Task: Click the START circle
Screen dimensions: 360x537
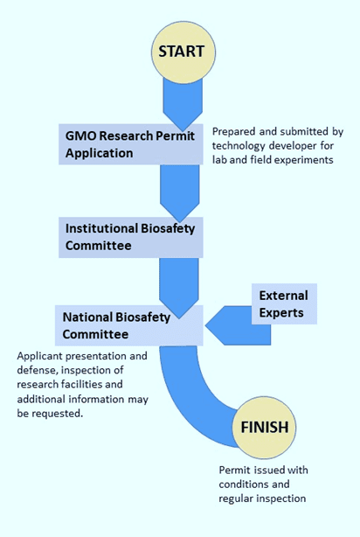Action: coord(183,52)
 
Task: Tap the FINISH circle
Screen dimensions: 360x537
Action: coord(264,427)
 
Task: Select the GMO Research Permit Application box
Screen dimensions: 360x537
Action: coord(131,144)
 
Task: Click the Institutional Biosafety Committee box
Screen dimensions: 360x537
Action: coord(131,237)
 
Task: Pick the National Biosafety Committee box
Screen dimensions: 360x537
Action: coord(129,325)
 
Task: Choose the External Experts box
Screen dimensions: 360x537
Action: coord(284,303)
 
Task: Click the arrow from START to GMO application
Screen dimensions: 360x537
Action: coord(183,102)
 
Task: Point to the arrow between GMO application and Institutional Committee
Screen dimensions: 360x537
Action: coord(180,192)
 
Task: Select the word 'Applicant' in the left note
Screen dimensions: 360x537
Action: coord(39,356)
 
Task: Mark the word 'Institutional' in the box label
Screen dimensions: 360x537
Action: coord(101,228)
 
